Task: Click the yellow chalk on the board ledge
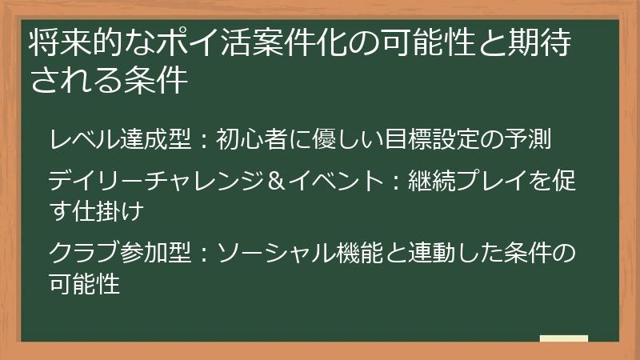564,338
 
